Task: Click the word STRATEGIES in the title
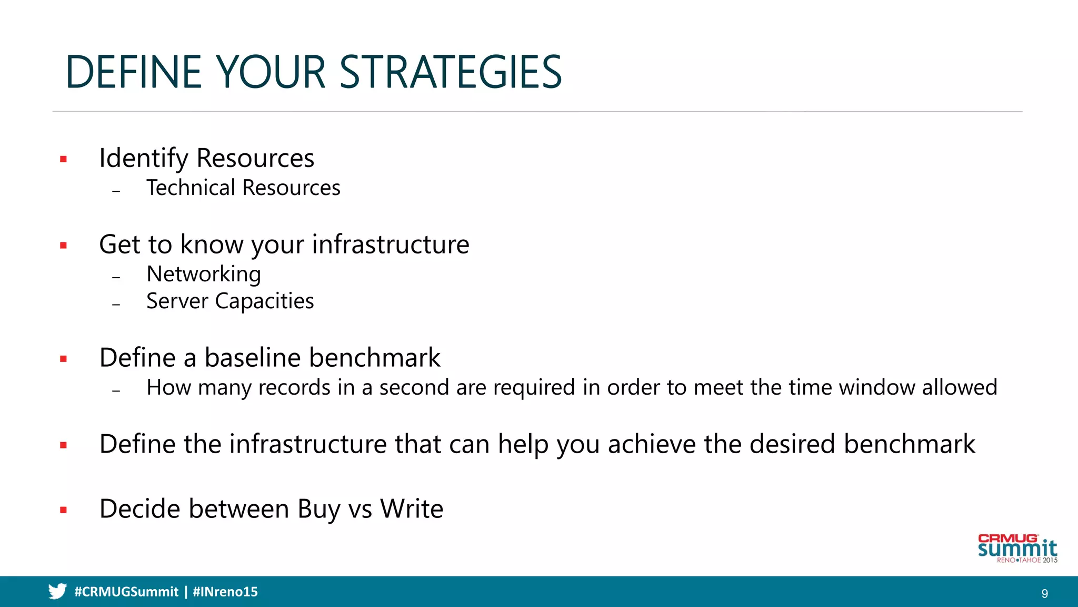pos(451,72)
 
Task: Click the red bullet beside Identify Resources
pos(64,159)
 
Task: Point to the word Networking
pos(204,275)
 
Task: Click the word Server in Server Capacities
pos(177,301)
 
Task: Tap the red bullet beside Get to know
pos(64,246)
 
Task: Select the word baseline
pos(253,358)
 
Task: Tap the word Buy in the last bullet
pos(318,510)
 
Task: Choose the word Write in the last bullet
pos(412,509)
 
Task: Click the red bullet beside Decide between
pos(64,510)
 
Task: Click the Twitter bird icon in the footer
pos(57,591)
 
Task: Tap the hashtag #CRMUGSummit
pos(126,592)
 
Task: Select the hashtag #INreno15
pos(225,592)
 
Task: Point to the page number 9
pos(1045,594)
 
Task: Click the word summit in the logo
pos(1017,549)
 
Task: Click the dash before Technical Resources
pos(116,191)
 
